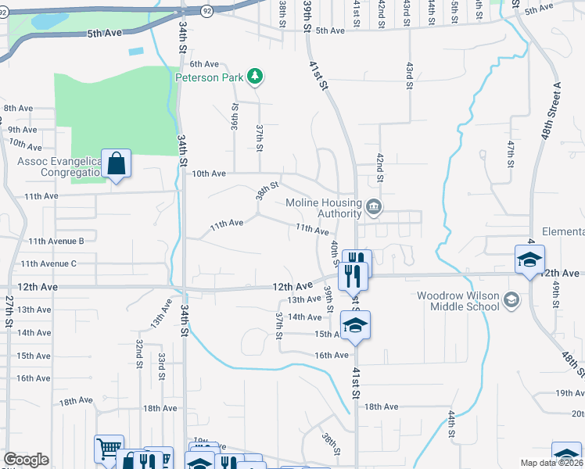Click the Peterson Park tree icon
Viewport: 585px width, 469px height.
[x=253, y=76]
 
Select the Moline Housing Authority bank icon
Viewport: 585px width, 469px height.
[x=374, y=207]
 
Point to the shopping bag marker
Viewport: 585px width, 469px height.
[x=116, y=164]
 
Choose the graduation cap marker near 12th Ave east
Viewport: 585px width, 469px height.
[x=529, y=260]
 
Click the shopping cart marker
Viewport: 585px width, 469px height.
[x=109, y=449]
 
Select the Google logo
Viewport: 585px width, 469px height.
[x=26, y=460]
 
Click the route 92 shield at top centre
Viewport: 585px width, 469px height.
[x=206, y=11]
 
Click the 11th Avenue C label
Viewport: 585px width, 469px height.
[x=48, y=264]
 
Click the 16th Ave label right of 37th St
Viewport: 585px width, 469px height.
[x=331, y=355]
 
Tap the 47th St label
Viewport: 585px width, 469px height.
[x=510, y=154]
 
